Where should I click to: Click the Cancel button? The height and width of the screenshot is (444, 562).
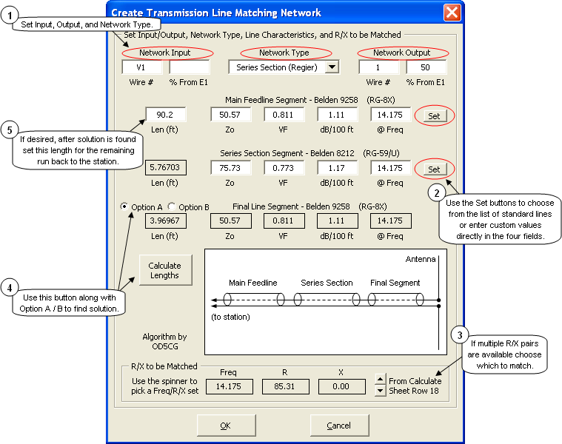(339, 425)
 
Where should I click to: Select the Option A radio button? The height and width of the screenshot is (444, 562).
(124, 207)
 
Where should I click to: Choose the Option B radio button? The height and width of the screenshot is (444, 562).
(172, 207)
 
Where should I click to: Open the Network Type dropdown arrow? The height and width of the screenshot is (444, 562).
(332, 67)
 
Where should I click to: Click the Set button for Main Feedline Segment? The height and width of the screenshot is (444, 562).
(434, 116)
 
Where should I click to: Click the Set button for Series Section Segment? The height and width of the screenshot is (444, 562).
(434, 169)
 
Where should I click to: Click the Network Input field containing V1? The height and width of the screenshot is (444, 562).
(142, 67)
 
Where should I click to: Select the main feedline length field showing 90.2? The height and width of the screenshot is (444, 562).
(165, 115)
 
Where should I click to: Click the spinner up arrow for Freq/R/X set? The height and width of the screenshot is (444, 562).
(380, 380)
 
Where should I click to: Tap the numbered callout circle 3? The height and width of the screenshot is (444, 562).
(459, 334)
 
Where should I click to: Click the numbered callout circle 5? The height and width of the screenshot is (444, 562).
(9, 129)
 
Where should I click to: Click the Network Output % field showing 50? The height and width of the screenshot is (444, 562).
(426, 67)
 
